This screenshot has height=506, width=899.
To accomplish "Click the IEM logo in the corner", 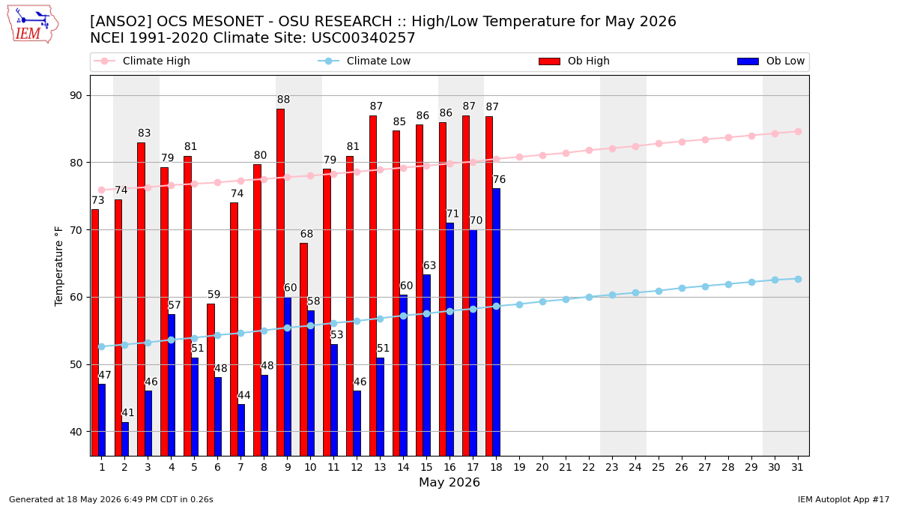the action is [33, 24].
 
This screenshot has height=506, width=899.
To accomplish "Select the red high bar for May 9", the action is [280, 283].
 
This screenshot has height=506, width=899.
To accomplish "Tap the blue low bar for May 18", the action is [497, 322].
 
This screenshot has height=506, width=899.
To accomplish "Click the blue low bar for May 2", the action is [125, 439].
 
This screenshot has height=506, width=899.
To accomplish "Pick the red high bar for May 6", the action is [211, 380].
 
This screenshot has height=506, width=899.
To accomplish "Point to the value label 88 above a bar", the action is [283, 99].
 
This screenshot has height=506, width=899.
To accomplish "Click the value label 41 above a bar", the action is [127, 412].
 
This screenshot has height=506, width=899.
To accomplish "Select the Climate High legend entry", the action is [142, 61].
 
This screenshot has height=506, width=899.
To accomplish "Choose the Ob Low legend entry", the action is [771, 61].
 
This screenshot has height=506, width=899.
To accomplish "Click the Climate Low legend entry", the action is [364, 61].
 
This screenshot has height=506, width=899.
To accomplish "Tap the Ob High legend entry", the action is [574, 61].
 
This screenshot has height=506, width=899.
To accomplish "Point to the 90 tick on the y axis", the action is [76, 96].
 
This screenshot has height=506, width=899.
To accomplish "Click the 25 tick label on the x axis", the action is [659, 467].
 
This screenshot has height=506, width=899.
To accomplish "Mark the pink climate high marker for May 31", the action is [798, 132].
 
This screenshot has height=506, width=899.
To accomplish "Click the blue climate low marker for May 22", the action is [589, 297].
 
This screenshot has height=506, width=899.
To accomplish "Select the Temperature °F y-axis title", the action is [58, 266].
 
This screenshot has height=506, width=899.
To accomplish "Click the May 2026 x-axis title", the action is [449, 482].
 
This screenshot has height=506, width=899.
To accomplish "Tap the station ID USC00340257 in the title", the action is [363, 37].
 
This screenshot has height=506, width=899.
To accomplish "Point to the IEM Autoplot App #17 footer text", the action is [844, 499].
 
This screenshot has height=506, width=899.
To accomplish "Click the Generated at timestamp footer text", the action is [111, 499].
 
